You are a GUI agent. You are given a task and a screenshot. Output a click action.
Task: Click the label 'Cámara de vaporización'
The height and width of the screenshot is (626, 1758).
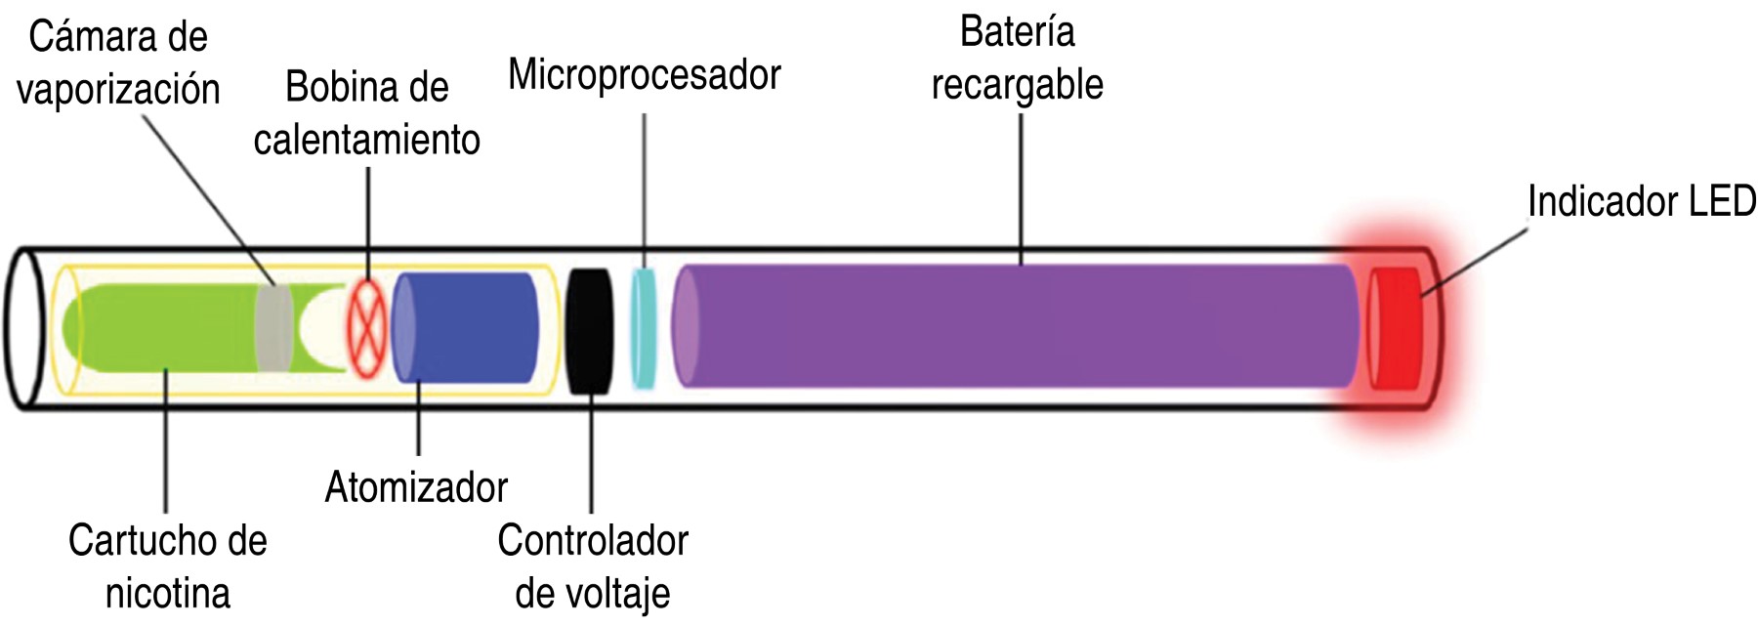coord(118,63)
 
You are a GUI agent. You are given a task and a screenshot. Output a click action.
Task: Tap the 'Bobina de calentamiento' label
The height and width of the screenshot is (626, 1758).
coord(366,113)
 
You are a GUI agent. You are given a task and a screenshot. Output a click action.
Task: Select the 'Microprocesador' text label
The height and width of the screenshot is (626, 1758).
coord(645,75)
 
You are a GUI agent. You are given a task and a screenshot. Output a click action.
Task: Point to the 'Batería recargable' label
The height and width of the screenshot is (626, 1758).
coord(1017,59)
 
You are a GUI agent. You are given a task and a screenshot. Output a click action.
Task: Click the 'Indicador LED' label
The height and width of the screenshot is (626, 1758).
coord(1641,202)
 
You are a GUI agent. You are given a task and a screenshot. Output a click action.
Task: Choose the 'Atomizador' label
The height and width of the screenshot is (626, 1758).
coord(416,486)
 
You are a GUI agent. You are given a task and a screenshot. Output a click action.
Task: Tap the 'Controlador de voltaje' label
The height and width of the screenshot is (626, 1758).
coord(593,566)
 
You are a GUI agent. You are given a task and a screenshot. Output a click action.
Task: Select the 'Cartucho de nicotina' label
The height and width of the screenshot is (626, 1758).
coord(167,566)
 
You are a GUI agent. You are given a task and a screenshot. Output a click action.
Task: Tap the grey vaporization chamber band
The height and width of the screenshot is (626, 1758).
coord(273,327)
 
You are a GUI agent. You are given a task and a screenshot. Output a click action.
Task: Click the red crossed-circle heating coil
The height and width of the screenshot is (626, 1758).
coord(367,327)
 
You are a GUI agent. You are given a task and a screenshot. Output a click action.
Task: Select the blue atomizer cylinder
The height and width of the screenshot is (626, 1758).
coord(467,327)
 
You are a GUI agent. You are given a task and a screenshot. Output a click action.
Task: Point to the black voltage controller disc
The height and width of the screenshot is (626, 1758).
coord(589,329)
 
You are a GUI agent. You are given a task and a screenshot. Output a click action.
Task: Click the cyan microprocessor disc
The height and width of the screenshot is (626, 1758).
coord(643,327)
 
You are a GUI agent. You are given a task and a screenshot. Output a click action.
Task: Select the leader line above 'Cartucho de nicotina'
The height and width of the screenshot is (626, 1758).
coord(166,439)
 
